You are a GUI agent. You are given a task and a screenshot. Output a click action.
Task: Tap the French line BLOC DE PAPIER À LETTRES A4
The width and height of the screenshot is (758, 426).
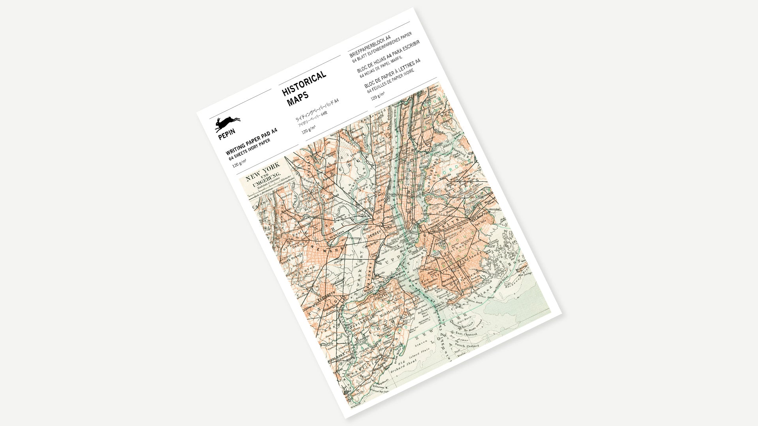point(392,73)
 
